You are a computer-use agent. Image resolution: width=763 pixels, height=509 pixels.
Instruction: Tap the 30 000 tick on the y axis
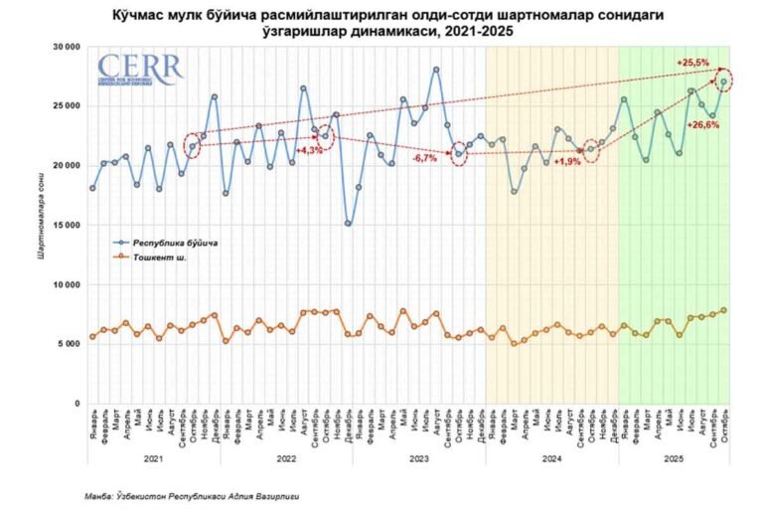65,46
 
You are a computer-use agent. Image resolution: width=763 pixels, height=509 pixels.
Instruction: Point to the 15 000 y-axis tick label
65,225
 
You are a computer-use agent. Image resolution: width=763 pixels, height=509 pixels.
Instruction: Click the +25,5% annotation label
692,63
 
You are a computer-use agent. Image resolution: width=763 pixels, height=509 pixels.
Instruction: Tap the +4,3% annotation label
311,149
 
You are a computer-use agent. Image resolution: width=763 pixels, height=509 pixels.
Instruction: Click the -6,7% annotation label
428,158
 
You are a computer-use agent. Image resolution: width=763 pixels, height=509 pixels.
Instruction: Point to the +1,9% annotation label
567,161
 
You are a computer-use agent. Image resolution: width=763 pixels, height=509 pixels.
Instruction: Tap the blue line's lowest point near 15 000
348,224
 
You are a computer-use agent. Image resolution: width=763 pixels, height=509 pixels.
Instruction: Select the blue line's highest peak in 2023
436,70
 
